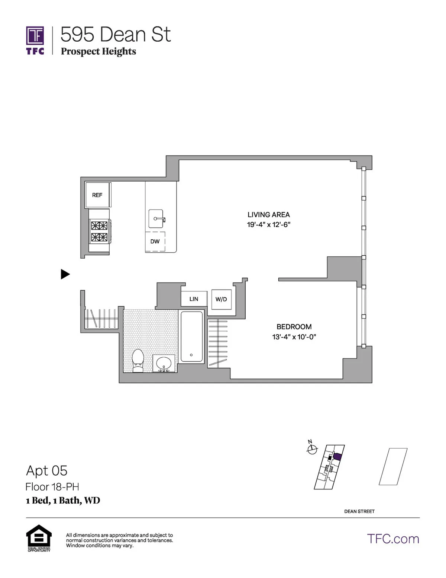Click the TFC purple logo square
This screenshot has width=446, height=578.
pyautogui.click(x=35, y=36)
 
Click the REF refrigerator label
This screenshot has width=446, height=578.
pyautogui.click(x=97, y=195)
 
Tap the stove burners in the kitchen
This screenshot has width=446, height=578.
pyautogui.click(x=99, y=231)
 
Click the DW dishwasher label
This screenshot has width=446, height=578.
pyautogui.click(x=155, y=242)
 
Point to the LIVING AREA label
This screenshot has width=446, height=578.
pyautogui.click(x=268, y=215)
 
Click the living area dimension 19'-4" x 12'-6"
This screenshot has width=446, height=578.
pyautogui.click(x=268, y=225)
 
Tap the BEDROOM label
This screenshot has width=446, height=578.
pyautogui.click(x=294, y=327)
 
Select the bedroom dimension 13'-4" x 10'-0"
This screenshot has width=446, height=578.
pyautogui.click(x=294, y=337)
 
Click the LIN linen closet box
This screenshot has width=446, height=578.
pyautogui.click(x=194, y=299)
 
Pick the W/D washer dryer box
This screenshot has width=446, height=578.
pyautogui.click(x=221, y=299)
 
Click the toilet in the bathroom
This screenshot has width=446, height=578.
pyautogui.click(x=138, y=360)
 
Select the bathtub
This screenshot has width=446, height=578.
pyautogui.click(x=191, y=337)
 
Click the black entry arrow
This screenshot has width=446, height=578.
pyautogui.click(x=65, y=274)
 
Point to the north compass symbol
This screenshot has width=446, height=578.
pyautogui.click(x=312, y=449)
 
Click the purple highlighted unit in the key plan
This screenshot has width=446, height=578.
pyautogui.click(x=337, y=457)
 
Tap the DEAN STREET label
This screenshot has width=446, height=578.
pyautogui.click(x=359, y=511)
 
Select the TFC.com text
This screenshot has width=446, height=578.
pyautogui.click(x=393, y=539)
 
